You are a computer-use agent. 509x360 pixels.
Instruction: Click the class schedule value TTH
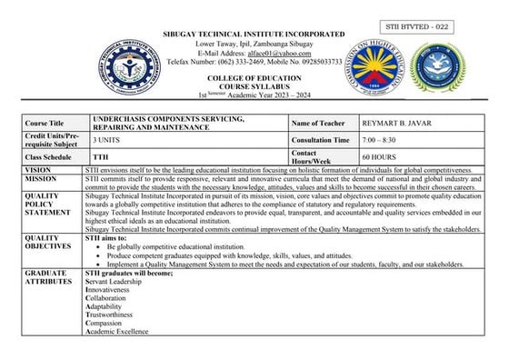[x=101, y=156]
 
